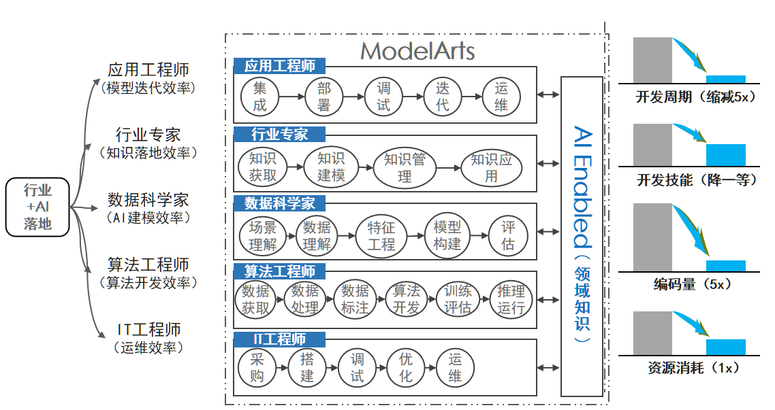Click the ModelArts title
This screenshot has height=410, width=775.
click(417, 51)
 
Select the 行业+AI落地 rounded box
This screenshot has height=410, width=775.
click(37, 207)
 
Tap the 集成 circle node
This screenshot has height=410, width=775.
click(259, 97)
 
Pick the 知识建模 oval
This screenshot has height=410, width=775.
click(331, 167)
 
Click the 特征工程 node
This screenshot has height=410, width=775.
click(381, 236)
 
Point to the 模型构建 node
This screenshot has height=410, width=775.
click(447, 235)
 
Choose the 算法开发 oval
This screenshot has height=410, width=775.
click(407, 299)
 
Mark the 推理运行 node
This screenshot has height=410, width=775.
click(511, 299)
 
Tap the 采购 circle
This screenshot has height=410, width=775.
click(257, 368)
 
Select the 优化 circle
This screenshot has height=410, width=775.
click(406, 368)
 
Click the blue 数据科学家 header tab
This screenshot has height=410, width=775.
click(279, 203)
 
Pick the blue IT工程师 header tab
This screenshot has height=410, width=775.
click(279, 339)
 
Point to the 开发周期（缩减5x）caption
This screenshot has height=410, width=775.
click(696, 97)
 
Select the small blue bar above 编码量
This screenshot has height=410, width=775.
click(725, 266)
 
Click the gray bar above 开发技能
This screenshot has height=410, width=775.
click(652, 145)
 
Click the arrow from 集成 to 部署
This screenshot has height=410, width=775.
click(291, 97)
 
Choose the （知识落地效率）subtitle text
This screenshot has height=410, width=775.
click(148, 153)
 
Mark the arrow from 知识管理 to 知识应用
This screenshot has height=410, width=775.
click(448, 168)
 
